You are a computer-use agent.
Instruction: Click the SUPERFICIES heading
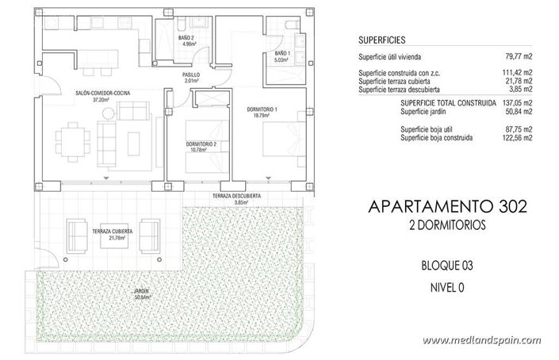tap(385, 39)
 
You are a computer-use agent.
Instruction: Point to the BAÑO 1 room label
tap(283, 54)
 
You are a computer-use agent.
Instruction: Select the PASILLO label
tap(191, 75)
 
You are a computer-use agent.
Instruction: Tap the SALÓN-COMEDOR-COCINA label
tap(101, 93)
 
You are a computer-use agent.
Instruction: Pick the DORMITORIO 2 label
tap(201, 144)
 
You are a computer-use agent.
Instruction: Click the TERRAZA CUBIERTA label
tap(111, 231)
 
